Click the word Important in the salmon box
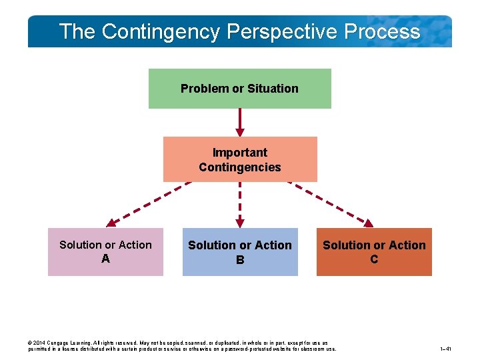click(240, 153)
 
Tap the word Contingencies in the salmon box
click(240, 167)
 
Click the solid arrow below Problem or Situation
click(240, 122)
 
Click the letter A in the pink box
click(105, 259)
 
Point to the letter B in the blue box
click(240, 260)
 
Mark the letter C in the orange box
click(374, 259)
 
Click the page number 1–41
click(446, 349)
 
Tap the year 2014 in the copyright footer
click(41, 343)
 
